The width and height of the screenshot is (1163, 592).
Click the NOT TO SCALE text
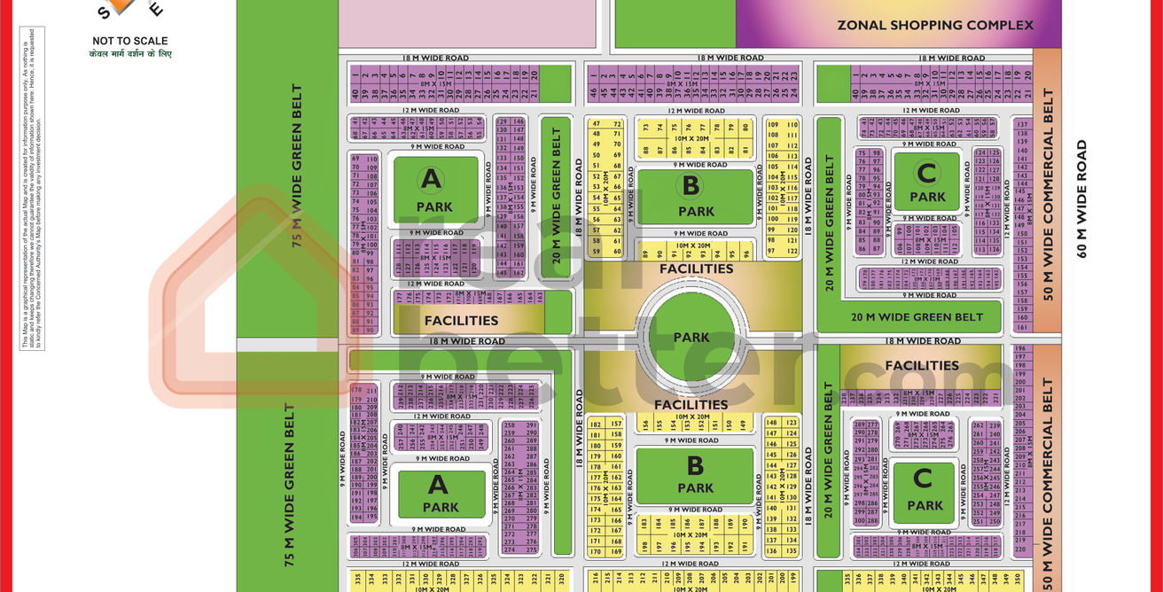[x=130, y=41]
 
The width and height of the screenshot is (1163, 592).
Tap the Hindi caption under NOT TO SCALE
[x=130, y=54]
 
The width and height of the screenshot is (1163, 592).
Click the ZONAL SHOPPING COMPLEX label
[x=935, y=25]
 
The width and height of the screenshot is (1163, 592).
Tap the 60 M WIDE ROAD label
[x=1081, y=199]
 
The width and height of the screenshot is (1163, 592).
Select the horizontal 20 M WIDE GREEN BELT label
[x=917, y=317]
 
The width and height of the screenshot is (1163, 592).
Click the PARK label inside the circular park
[x=691, y=337]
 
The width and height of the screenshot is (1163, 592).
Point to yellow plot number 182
[x=594, y=425]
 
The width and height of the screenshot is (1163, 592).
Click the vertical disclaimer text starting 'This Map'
[x=33, y=186]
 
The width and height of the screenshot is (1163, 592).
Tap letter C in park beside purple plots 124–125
[x=926, y=172]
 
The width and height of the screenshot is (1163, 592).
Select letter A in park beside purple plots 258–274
[x=439, y=484]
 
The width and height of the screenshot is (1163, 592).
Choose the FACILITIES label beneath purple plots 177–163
[x=461, y=320]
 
